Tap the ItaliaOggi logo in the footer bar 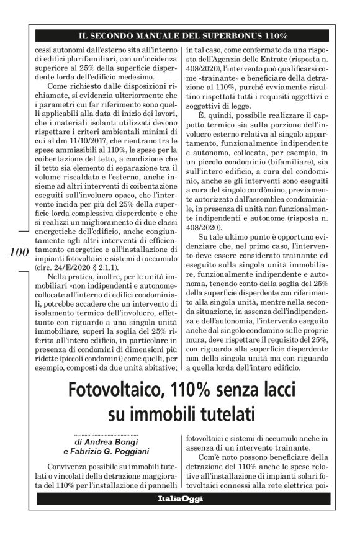coord(179,498)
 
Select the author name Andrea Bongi coord(109,441)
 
